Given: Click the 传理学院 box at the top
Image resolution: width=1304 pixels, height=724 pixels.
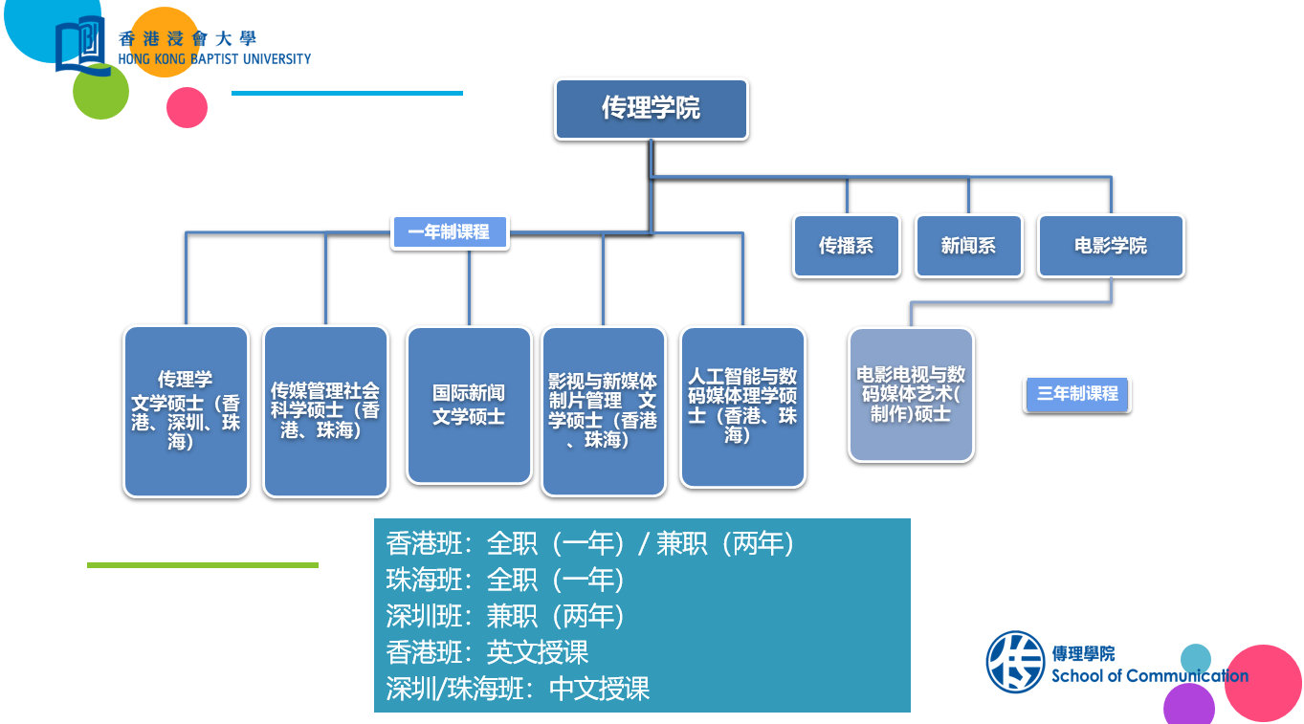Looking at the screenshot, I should [651, 109].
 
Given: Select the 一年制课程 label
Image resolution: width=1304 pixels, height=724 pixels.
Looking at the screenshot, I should [450, 232].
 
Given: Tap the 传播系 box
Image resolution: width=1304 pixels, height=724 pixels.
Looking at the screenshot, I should [846, 246].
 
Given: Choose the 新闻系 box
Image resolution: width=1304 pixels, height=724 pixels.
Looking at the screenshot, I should [968, 246].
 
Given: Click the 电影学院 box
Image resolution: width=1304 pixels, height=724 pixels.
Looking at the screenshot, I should [1111, 246].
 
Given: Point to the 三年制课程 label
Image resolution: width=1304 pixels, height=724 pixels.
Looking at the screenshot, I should [1077, 394].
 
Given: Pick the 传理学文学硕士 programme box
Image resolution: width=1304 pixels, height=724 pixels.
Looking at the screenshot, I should [186, 411].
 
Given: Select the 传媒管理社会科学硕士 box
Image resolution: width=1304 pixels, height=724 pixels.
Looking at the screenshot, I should [325, 411].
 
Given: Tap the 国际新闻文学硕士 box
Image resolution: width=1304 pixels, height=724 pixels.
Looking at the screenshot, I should [469, 406].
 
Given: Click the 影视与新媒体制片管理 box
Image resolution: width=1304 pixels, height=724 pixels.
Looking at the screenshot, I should [603, 411].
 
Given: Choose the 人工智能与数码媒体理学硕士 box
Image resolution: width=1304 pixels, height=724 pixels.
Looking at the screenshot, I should [742, 406].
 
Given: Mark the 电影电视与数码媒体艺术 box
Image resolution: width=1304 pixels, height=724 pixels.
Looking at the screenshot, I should [911, 394].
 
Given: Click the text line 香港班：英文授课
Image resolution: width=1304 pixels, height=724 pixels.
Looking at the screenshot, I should [487, 652].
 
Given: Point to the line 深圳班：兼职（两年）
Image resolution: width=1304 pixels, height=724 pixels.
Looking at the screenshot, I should [505, 616].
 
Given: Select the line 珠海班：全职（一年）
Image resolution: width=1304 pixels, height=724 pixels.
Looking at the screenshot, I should [505, 580].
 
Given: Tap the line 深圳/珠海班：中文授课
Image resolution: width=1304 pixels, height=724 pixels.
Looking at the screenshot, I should [518, 689].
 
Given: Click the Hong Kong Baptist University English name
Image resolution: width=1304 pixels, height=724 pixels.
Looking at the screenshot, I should [214, 59].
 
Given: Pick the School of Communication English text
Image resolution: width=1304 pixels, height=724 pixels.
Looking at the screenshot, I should [1149, 676].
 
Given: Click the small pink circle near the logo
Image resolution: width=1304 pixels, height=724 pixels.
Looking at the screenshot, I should [187, 107].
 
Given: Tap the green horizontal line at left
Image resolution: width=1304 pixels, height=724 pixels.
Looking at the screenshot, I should [202, 565].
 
